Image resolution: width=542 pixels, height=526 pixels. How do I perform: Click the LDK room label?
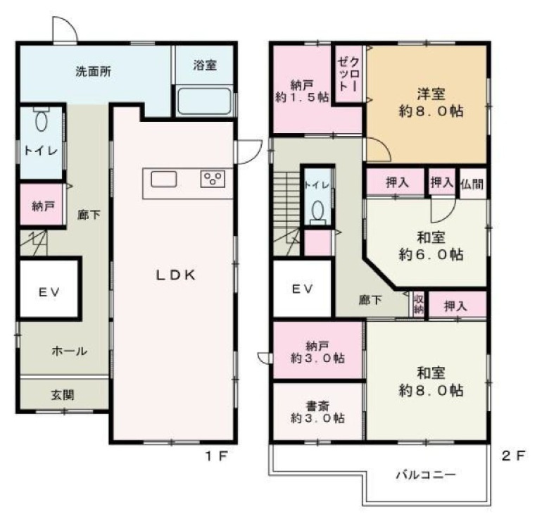(x=174, y=275)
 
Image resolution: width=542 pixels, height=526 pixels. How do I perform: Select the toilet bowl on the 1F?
(x=41, y=121)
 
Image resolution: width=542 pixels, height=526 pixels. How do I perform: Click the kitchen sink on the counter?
(x=163, y=180)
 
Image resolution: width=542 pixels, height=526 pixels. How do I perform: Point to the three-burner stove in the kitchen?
(x=213, y=179)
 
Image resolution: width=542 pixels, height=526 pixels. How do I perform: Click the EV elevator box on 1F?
(x=48, y=291)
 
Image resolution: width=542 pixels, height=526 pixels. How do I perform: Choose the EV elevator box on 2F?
(x=302, y=289)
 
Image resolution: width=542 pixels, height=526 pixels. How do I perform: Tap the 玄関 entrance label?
(x=62, y=395)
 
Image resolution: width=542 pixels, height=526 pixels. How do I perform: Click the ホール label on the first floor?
(x=68, y=351)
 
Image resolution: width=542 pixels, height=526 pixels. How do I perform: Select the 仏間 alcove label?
(x=472, y=183)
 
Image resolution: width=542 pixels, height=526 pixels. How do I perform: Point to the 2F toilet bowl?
(x=317, y=210)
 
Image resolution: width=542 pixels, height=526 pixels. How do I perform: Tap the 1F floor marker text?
(x=216, y=456)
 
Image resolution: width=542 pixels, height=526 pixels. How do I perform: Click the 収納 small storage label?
(x=418, y=305)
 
